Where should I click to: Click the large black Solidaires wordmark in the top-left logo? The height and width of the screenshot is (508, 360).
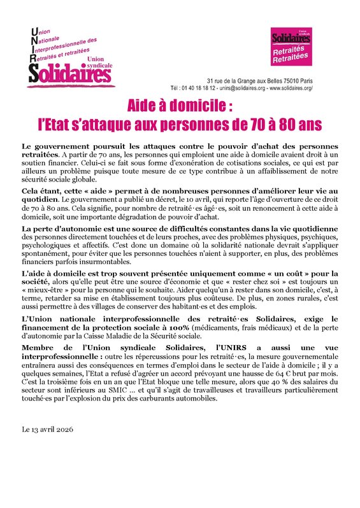tap(70, 73)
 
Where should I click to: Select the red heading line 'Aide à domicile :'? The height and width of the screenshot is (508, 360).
tap(180, 104)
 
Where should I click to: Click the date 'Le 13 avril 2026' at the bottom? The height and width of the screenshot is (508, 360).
tap(48, 430)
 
